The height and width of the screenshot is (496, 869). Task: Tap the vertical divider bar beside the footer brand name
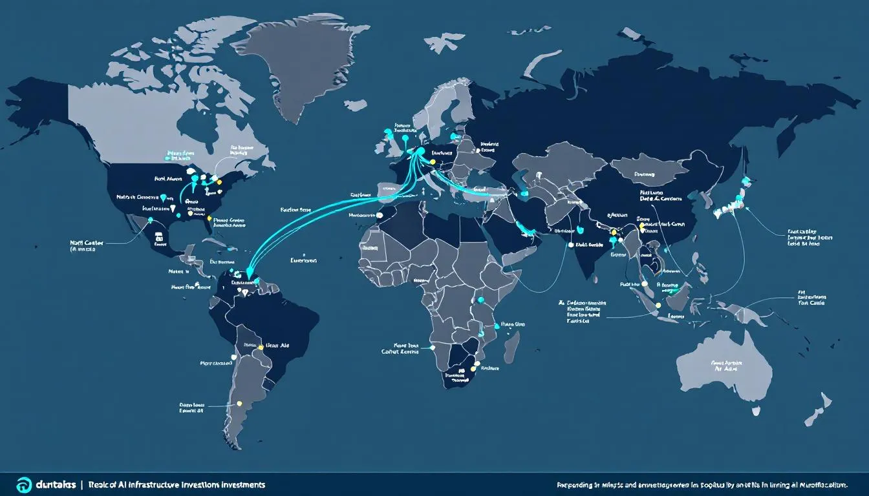(x=82, y=484)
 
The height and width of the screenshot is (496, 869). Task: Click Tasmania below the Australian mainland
(x=755, y=411)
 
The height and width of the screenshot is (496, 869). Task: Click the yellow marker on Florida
(x=209, y=219)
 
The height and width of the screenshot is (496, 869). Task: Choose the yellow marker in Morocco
(x=381, y=214)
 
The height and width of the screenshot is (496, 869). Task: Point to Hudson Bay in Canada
(x=194, y=119)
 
